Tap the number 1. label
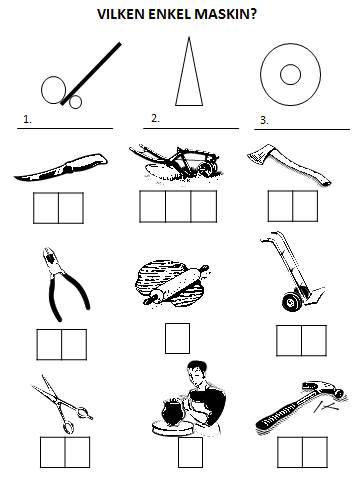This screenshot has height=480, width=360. [x=27, y=119]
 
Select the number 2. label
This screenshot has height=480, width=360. [x=155, y=118]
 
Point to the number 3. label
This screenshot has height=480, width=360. [x=264, y=120]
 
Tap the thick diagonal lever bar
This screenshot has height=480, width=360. [x=91, y=74]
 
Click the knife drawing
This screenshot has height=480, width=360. [x=61, y=168]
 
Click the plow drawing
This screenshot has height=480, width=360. [x=176, y=162]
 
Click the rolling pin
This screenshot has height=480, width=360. [x=176, y=285]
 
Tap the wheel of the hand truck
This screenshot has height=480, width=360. [x=291, y=302]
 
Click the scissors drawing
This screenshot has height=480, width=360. [x=62, y=404]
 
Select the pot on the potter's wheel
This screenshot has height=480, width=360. [x=171, y=412]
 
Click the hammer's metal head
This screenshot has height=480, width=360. [x=322, y=389]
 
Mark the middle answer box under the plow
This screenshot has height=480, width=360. [x=178, y=206]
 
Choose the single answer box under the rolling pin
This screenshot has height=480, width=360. [x=177, y=338]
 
